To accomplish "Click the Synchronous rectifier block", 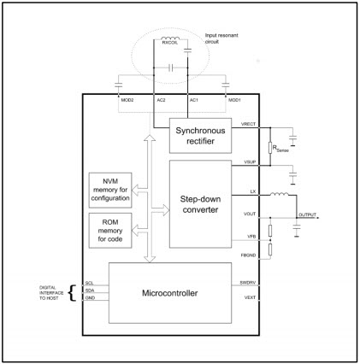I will click(x=202, y=135).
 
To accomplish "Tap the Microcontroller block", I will click(x=168, y=294).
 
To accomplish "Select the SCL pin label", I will click(x=89, y=282).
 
